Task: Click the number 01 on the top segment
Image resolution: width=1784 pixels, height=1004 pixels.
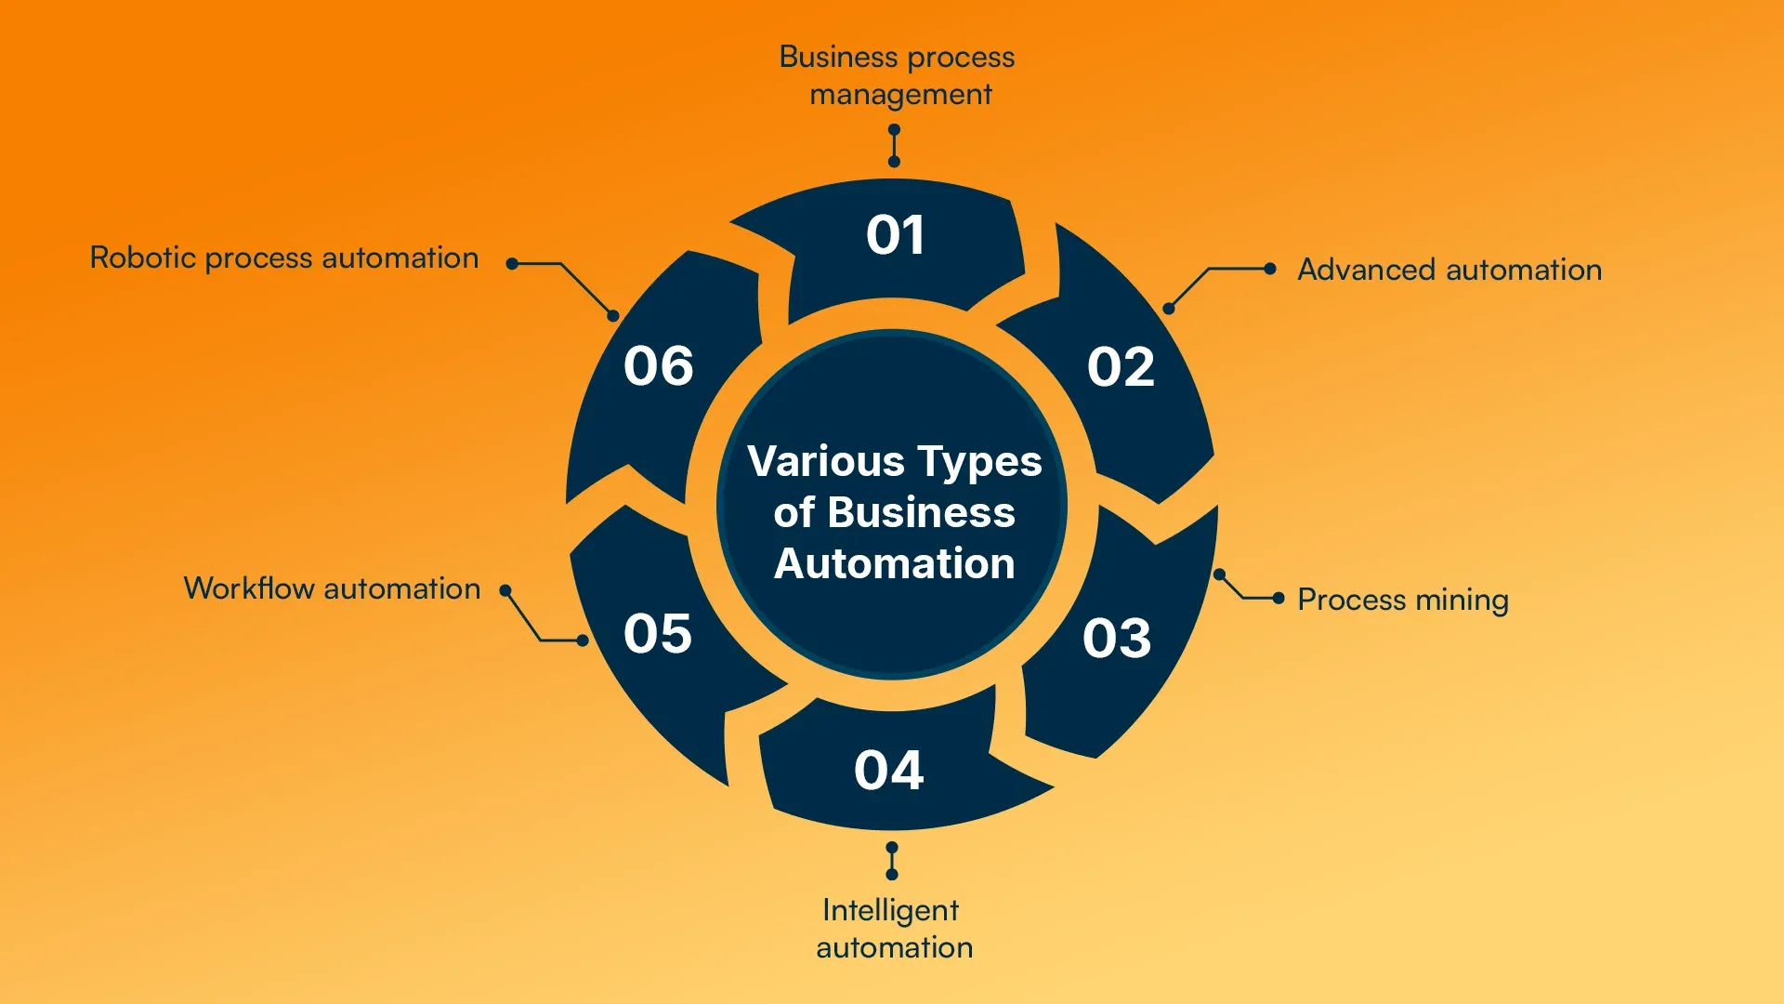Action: [x=895, y=235]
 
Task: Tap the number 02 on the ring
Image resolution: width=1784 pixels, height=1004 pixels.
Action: [x=1121, y=367]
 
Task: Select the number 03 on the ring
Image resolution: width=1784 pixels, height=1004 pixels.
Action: [x=1117, y=639]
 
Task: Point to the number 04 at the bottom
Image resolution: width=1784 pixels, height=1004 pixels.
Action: [x=889, y=771]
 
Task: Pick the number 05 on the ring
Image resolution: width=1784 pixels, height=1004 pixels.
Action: [x=658, y=634]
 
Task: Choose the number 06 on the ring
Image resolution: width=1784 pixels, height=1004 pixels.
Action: [x=659, y=366]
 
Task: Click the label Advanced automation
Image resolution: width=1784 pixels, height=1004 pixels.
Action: [x=1449, y=270]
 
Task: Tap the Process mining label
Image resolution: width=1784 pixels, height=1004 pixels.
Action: [x=1402, y=600]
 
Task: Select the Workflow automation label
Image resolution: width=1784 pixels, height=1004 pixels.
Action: [x=332, y=588]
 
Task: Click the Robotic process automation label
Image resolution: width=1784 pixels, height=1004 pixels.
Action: [x=283, y=258]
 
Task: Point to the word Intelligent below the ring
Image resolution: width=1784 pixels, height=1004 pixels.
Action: [x=890, y=910]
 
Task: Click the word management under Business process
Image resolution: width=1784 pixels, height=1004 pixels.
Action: [x=900, y=95]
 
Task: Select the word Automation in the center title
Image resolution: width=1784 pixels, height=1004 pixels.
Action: [x=894, y=563]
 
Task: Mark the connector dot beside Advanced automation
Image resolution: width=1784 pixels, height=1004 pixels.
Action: [x=1270, y=269]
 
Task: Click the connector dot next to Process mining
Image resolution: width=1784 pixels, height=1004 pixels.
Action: [x=1279, y=598]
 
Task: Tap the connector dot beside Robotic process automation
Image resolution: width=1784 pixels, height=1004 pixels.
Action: [x=511, y=264]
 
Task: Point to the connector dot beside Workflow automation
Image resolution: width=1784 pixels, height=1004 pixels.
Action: [x=505, y=590]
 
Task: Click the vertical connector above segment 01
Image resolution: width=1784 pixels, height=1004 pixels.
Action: [x=894, y=146]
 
